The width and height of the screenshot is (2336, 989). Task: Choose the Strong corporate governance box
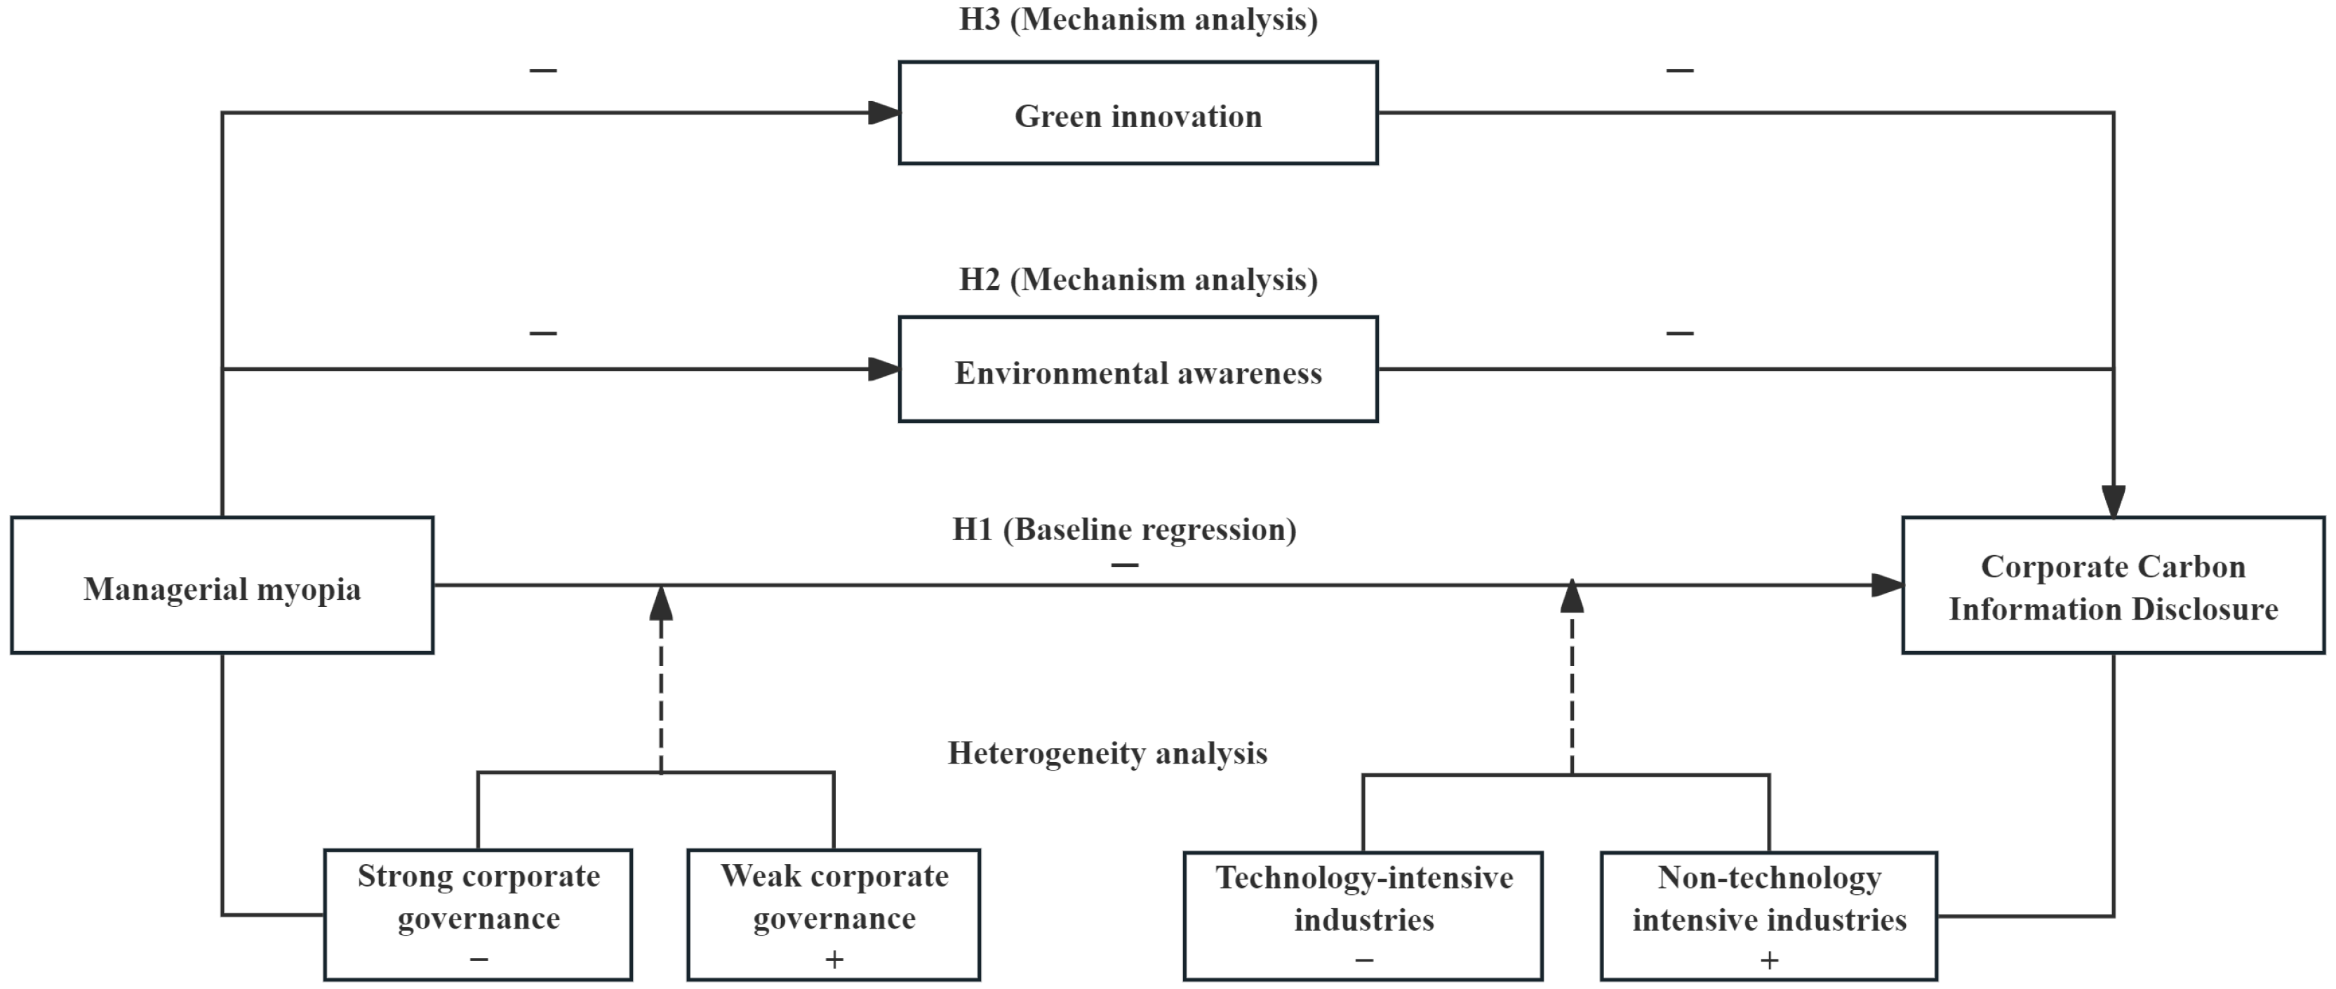coord(478,914)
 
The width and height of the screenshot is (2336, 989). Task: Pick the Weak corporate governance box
coord(834,914)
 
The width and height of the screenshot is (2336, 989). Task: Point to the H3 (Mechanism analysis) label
coord(1138,19)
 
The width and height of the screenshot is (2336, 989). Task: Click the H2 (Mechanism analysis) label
coord(1138,280)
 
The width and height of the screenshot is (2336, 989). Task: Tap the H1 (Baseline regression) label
coord(1123,529)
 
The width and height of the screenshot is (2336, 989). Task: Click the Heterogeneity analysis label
coord(1107,753)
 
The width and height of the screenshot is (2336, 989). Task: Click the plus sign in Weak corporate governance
coord(834,959)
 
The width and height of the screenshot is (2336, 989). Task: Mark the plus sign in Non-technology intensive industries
coord(1769,960)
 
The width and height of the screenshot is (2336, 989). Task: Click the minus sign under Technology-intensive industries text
coord(1364,960)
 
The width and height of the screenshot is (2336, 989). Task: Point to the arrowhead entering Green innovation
coord(884,113)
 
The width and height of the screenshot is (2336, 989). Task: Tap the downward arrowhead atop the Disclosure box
coord(2114,501)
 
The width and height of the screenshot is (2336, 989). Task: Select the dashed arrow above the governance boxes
coord(661,681)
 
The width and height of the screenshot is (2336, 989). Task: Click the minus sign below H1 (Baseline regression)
coord(1124,564)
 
